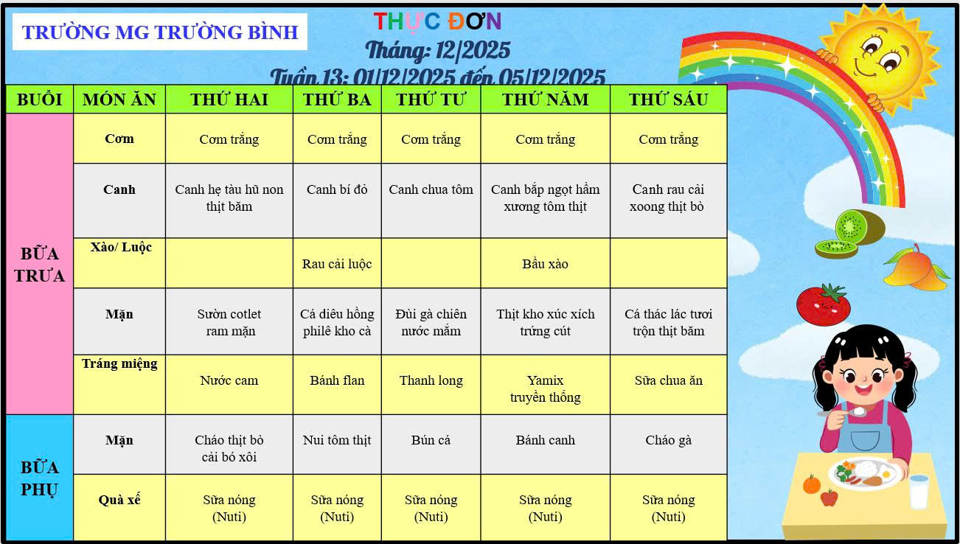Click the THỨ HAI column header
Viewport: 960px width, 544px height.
click(x=229, y=100)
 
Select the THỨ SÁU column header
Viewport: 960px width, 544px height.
click(x=668, y=100)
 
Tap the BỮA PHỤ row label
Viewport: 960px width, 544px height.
click(x=39, y=478)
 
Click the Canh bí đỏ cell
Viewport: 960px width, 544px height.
click(x=337, y=190)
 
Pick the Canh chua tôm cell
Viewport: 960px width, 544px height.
click(x=431, y=190)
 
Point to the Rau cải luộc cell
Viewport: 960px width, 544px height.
click(x=337, y=264)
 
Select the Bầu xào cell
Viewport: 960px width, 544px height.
click(x=545, y=264)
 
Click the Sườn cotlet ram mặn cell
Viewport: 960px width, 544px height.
click(x=229, y=322)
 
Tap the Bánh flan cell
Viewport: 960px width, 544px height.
click(x=337, y=380)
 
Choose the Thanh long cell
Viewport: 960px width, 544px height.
click(x=431, y=380)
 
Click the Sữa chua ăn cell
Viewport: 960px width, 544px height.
click(x=668, y=380)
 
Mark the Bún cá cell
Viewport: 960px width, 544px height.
click(x=431, y=440)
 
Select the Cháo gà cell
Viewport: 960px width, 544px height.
click(x=668, y=440)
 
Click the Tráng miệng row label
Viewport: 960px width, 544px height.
click(x=119, y=363)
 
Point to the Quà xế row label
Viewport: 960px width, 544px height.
click(x=119, y=500)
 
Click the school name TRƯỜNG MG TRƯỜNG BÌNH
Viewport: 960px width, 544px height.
click(x=160, y=32)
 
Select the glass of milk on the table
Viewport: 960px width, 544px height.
click(x=919, y=491)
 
